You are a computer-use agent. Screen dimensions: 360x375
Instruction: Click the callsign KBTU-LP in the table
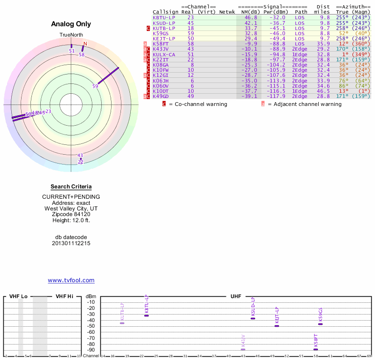click(164, 17)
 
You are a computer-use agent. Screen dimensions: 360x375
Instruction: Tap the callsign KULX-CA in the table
click(164, 54)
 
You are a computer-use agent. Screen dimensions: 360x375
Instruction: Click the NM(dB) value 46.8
click(251, 17)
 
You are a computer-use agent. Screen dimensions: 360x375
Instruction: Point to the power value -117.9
click(277, 96)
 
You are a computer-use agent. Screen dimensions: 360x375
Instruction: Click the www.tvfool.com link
click(71, 280)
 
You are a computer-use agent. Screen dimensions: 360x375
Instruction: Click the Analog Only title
click(71, 24)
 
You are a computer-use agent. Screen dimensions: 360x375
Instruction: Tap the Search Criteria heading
click(71, 187)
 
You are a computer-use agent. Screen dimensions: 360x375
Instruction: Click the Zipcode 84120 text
click(71, 214)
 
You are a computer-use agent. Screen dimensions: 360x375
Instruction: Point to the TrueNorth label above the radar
click(71, 35)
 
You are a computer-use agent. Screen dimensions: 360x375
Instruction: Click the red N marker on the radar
click(85, 44)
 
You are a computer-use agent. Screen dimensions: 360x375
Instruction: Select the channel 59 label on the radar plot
click(95, 86)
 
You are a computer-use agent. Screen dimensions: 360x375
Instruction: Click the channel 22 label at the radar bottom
click(80, 162)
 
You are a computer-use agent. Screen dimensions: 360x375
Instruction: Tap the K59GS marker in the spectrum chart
click(320, 324)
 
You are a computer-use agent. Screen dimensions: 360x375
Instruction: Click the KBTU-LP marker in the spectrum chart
click(146, 315)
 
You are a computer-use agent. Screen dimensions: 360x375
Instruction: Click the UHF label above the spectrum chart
click(235, 296)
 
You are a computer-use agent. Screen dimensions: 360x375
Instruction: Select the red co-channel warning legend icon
click(164, 104)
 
